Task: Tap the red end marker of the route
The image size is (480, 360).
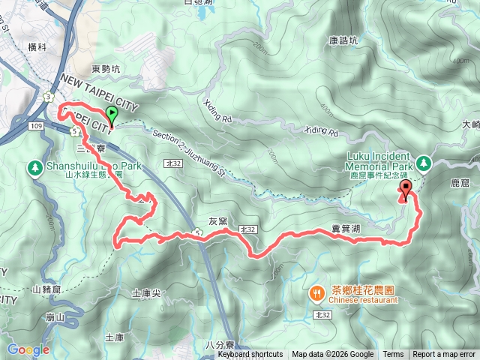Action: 406,189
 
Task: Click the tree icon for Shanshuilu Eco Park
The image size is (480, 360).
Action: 34,166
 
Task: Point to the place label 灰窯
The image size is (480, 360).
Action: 217,222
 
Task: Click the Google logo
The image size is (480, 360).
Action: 28,349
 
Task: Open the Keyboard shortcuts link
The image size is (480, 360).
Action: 250,355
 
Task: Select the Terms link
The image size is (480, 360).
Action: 393,355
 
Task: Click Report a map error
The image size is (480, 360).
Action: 445,355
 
